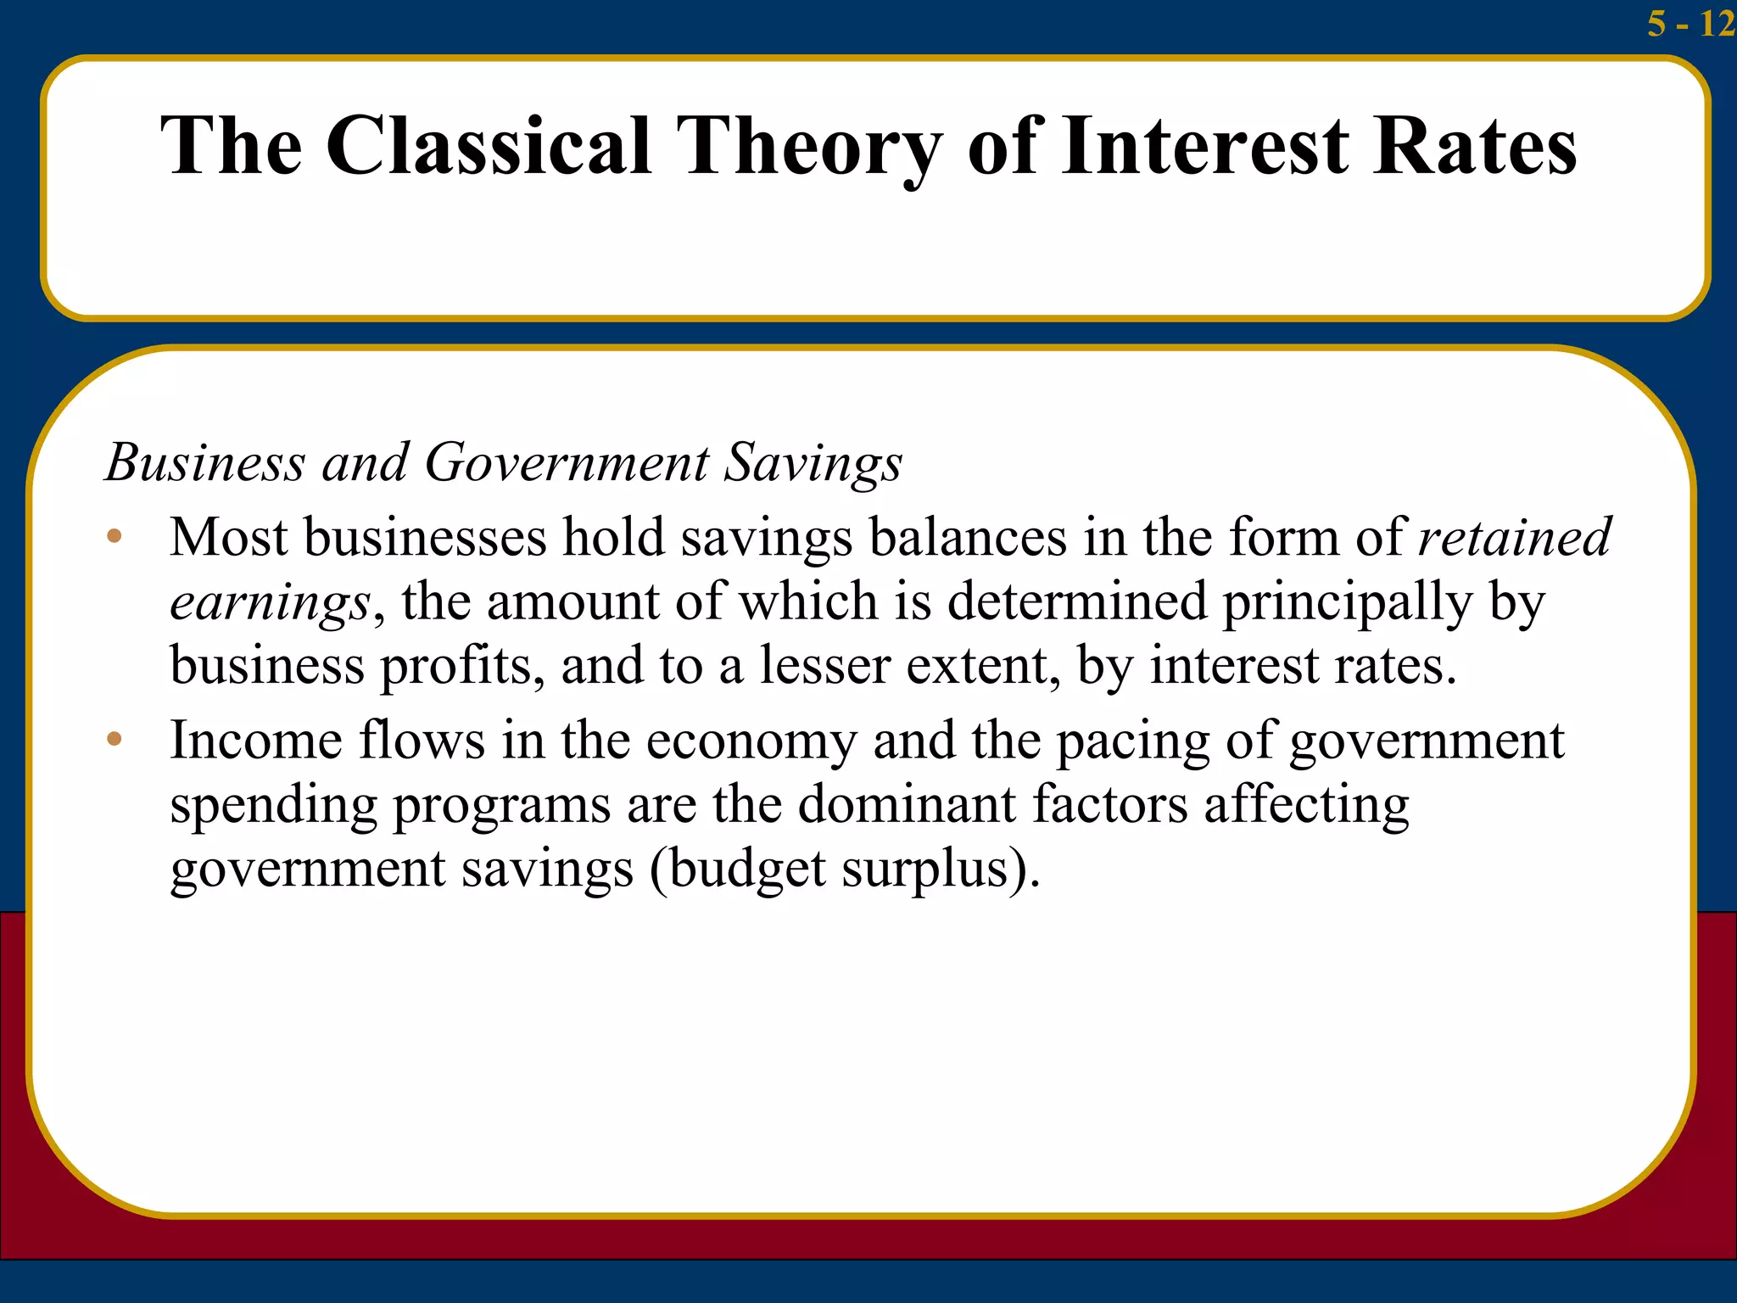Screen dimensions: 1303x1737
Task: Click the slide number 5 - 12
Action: [x=1690, y=23]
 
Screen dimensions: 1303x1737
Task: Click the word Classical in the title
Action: [x=489, y=146]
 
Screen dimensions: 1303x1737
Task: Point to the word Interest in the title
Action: [x=1205, y=146]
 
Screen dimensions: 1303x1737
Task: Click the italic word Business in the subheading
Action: [x=204, y=463]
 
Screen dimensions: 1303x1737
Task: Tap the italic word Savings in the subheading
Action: [x=813, y=463]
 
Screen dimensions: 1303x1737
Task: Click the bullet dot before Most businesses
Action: [x=114, y=536]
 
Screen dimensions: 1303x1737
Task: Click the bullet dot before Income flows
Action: [x=114, y=739]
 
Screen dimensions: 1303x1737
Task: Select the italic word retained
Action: [x=1515, y=537]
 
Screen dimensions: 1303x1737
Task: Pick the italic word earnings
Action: [x=270, y=602]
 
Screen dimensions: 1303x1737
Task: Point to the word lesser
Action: [x=824, y=666]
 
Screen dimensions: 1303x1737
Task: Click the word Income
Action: [x=255, y=740]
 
